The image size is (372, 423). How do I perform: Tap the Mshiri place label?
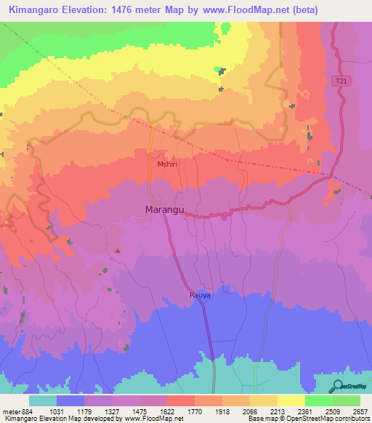tap(167, 164)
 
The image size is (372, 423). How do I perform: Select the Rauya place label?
tap(201, 296)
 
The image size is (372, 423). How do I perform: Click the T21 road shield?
tap(341, 82)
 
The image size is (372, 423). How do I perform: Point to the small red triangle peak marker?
tap(117, 251)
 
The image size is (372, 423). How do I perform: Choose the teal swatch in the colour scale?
tap(43, 400)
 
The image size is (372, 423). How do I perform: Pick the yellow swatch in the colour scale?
tap(291, 400)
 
